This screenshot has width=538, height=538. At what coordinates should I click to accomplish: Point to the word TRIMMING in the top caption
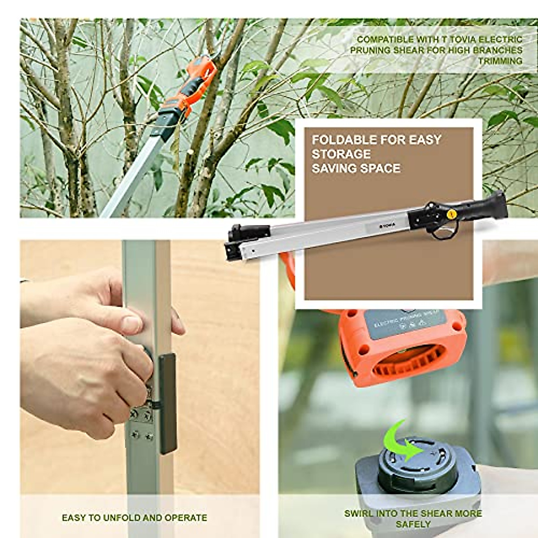pos(500,61)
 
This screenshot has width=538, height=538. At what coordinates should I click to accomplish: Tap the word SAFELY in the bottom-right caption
pos(413,524)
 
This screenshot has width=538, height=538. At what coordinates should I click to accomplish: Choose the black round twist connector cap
pos(414,462)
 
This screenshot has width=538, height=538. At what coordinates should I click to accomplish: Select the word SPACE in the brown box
pos(380,169)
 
